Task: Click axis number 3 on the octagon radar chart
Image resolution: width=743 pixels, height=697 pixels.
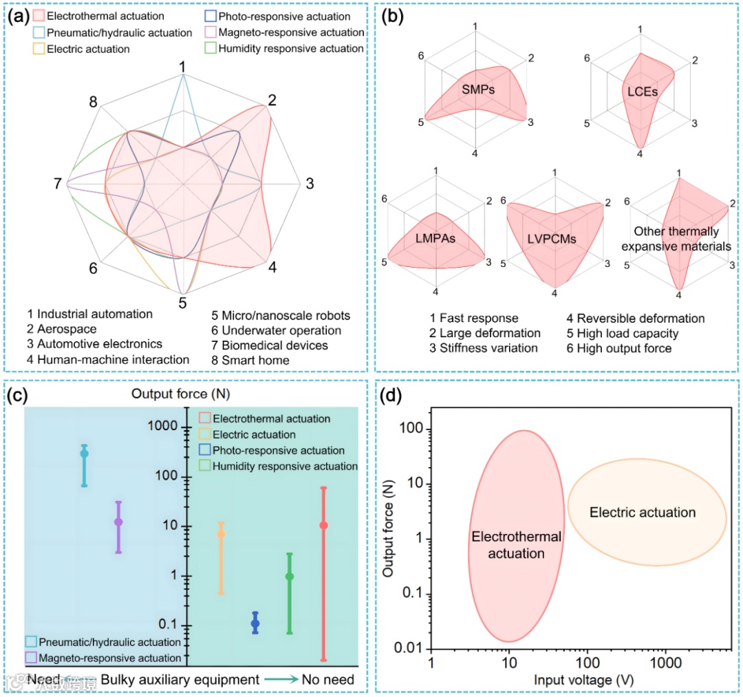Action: (x=310, y=184)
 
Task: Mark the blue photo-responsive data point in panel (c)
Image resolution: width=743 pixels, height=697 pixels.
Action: (x=255, y=623)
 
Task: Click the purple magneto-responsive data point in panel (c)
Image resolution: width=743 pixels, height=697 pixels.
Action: (x=118, y=522)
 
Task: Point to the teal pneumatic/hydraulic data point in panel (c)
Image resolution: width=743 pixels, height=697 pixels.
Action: (x=84, y=453)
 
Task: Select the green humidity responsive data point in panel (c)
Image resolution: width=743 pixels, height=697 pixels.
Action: (x=290, y=577)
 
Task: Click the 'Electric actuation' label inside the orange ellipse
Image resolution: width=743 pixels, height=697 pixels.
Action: (x=643, y=513)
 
